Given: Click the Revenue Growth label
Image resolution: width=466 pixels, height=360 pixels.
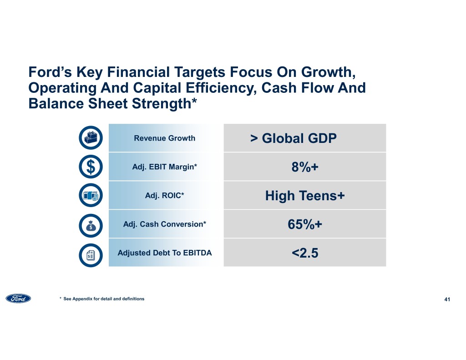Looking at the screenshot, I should [x=164, y=138].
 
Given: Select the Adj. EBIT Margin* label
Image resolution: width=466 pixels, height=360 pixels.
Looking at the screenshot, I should [x=164, y=167].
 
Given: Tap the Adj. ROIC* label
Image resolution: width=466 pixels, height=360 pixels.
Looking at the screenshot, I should [x=164, y=196].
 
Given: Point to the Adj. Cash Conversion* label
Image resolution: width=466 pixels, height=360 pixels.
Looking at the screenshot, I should [x=164, y=224].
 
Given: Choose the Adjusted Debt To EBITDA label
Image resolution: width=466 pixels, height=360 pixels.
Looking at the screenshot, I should [x=164, y=253].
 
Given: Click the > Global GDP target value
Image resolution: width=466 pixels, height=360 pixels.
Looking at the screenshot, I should [x=294, y=138].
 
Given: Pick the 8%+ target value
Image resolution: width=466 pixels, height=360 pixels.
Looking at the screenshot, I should [x=304, y=167].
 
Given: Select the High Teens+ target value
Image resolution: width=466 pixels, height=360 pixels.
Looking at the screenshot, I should [x=304, y=196].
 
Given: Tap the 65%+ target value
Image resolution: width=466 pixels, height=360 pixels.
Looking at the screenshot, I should [x=304, y=225].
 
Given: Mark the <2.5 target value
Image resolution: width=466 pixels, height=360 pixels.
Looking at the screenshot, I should [x=304, y=253].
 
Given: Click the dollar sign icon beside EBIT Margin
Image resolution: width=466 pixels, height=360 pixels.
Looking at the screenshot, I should [x=91, y=167].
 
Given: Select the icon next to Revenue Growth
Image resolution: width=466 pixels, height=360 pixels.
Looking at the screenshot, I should [x=91, y=138].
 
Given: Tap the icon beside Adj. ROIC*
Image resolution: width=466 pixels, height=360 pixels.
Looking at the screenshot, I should [x=91, y=196].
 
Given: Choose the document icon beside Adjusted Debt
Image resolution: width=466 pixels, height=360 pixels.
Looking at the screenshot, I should [x=91, y=253].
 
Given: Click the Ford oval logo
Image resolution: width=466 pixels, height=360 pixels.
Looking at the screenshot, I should [x=19, y=299].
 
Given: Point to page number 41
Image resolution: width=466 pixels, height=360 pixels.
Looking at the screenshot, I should [x=447, y=299].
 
